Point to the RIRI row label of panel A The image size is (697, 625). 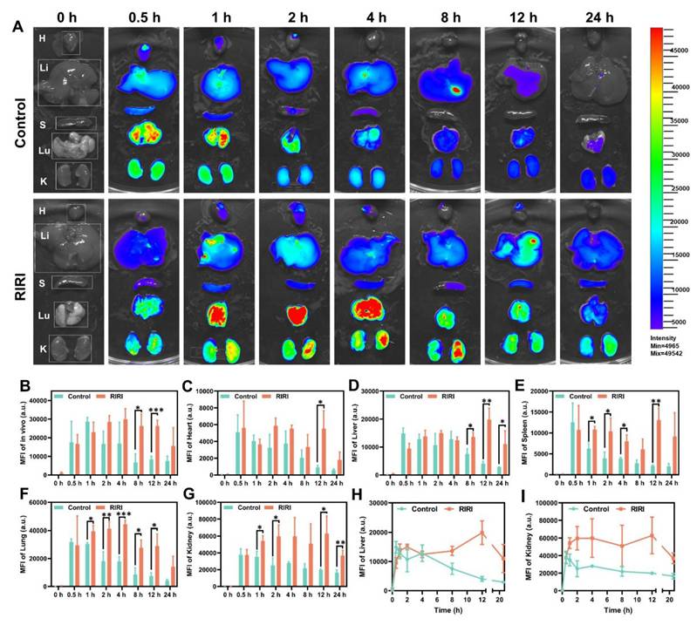coord(15,286)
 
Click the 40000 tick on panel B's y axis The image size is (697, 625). coord(35,400)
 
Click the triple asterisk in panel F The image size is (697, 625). coord(123,515)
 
